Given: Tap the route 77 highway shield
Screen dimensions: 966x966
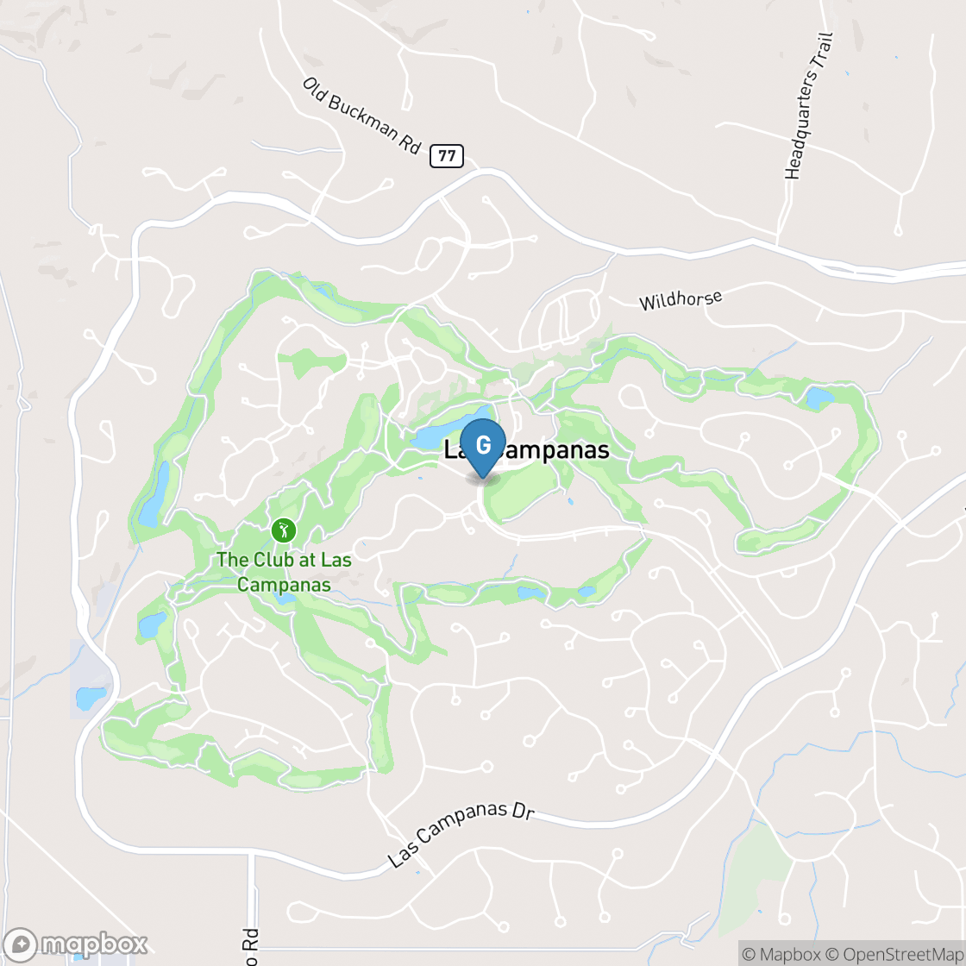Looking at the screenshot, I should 446,156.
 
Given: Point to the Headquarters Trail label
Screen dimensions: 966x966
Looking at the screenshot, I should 809,106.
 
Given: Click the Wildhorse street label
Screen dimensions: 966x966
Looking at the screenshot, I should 680,299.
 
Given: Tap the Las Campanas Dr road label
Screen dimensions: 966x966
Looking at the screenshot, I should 461,837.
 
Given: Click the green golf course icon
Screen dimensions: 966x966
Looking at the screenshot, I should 283,530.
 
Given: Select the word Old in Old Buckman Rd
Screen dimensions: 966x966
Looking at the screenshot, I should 314,89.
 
